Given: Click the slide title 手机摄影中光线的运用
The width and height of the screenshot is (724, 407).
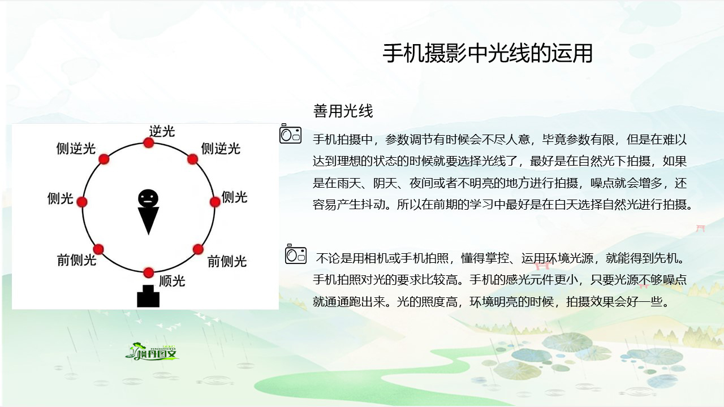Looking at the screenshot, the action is coord(488,53).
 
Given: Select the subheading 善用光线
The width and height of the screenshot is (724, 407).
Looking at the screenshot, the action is coord(343,111).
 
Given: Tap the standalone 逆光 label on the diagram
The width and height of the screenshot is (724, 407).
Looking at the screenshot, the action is coord(162,132).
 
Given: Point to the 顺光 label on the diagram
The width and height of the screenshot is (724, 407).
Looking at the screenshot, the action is coord(173,281).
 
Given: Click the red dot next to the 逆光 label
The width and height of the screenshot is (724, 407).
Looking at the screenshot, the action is coord(148,142).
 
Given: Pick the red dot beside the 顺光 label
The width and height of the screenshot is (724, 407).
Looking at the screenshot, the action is coord(148,272).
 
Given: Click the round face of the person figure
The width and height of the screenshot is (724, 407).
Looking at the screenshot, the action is coord(148,198).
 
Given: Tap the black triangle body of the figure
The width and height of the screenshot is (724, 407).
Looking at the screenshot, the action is coord(148,220).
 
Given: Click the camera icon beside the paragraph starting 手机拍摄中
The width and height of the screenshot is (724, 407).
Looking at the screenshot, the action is coord(291,133).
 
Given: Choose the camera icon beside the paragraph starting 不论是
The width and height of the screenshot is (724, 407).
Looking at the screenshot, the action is coord(296,254).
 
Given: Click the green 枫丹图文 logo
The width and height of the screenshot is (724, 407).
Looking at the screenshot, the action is coord(152,352).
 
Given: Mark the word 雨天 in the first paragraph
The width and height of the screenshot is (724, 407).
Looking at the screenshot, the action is coord(349,183).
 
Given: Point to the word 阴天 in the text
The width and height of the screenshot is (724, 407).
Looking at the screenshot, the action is coord(385,183).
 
